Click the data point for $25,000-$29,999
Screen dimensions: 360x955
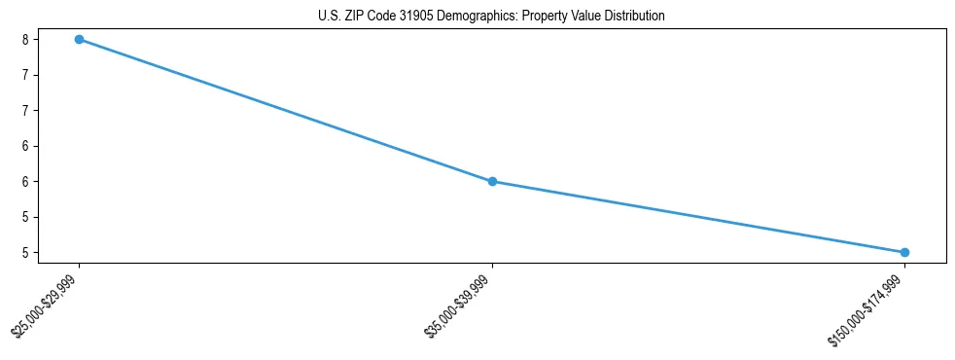coord(79,39)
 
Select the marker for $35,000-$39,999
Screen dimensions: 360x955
coord(492,181)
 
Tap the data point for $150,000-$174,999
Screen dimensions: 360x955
coord(904,252)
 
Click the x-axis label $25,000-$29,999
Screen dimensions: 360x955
coord(46,305)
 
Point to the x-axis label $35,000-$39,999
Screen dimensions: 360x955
coord(458,305)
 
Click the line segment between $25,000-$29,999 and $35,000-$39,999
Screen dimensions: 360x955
coord(285,110)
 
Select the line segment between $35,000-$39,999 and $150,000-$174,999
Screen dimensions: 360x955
coord(698,217)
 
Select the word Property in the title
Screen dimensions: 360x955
coord(543,17)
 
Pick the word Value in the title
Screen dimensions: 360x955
coord(585,17)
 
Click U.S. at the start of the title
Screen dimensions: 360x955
coord(330,17)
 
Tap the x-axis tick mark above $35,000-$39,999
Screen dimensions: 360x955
coord(492,266)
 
